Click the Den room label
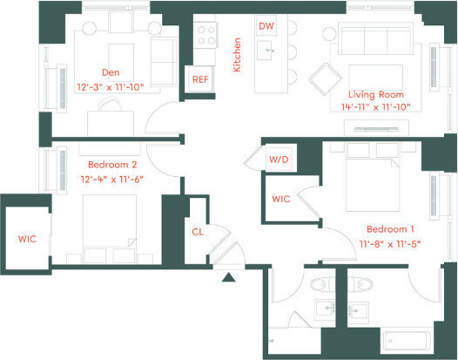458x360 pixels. point(110,73)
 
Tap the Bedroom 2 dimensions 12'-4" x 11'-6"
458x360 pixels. point(112,179)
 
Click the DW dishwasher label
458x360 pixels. point(267,26)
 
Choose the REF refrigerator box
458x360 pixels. point(200,80)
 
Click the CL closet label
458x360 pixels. point(198,231)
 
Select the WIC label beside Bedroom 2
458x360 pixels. point(28,239)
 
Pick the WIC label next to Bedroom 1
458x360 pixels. point(280,200)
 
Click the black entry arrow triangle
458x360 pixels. point(228,278)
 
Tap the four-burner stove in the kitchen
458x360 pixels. point(205,34)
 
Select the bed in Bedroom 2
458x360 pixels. point(110,223)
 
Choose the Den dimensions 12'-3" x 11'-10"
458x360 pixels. point(110,86)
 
